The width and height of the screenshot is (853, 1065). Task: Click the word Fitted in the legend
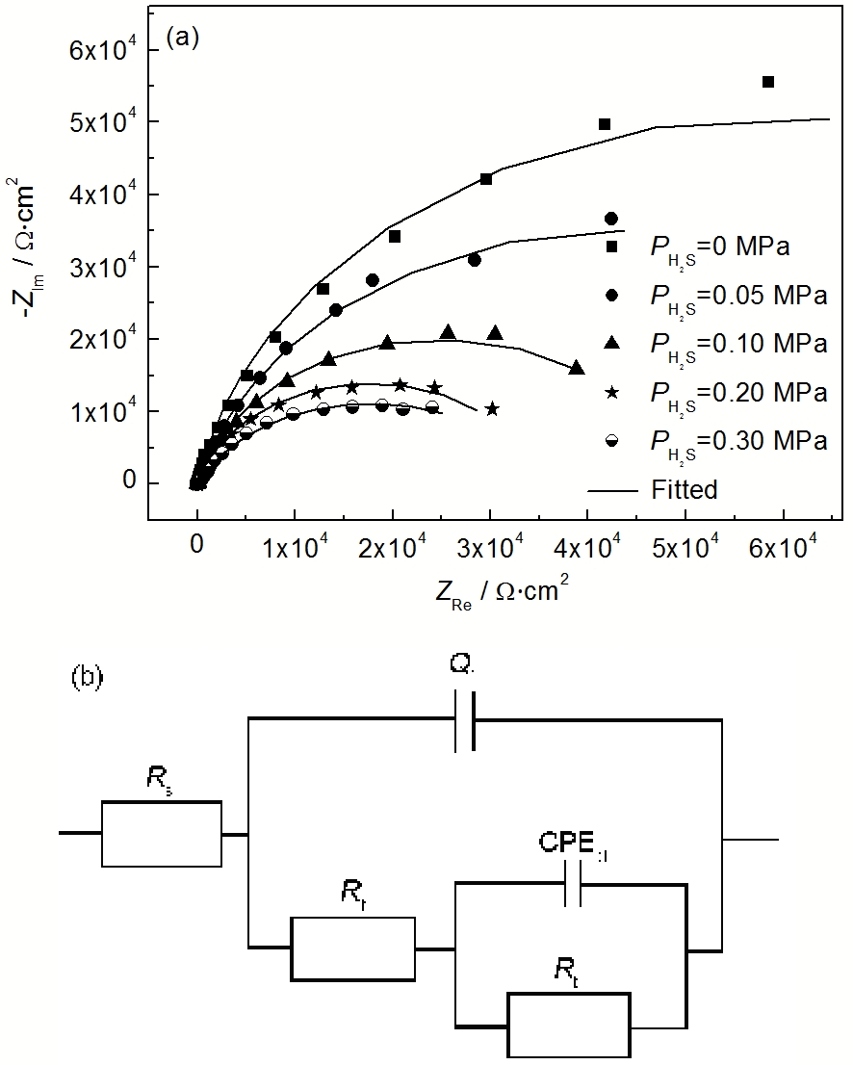pyautogui.click(x=684, y=489)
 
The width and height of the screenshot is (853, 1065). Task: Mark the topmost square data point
pyautogui.click(x=768, y=82)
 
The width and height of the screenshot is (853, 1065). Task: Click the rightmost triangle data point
pyautogui.click(x=577, y=368)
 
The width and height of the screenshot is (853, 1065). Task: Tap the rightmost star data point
pyautogui.click(x=492, y=409)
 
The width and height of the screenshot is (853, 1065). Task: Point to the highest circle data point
pyautogui.click(x=610, y=219)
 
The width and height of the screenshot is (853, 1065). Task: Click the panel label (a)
pyautogui.click(x=183, y=38)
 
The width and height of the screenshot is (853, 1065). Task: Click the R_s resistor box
pyautogui.click(x=162, y=833)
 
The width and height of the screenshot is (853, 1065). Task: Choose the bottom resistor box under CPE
pyautogui.click(x=569, y=1025)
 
